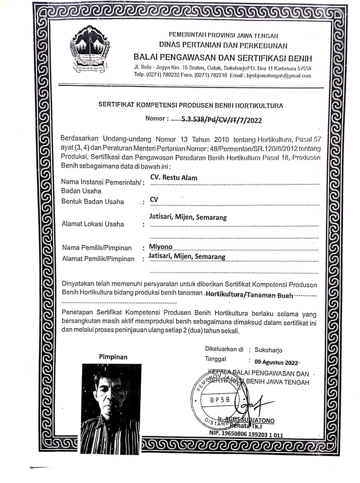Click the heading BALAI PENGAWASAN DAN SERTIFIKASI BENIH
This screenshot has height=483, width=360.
pos(223,58)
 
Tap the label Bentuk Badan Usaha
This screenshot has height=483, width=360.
pos(93,202)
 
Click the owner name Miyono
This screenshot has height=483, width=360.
pos(161,247)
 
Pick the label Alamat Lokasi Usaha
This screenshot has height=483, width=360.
pos(93,224)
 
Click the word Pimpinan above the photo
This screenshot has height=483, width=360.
pos(114,357)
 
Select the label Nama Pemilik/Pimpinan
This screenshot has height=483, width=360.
pos(96,248)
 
